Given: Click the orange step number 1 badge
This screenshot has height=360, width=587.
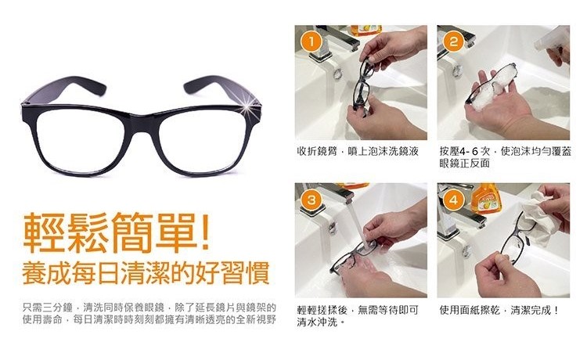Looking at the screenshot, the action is point(311,43).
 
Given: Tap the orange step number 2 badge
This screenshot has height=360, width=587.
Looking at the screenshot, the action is point(453,41).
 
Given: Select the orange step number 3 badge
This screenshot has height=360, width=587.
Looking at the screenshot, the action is point(311,200).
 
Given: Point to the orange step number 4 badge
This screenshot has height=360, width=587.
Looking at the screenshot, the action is point(453,200).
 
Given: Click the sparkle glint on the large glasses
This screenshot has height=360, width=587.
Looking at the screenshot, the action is point(247,110).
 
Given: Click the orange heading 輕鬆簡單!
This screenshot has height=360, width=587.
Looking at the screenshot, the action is point(116,232).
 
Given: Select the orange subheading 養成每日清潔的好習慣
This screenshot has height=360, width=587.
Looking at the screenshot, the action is point(146,273).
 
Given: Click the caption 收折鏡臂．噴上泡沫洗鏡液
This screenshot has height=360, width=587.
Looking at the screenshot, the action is point(358,151).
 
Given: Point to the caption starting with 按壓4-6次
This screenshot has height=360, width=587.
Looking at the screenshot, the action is point(506,157).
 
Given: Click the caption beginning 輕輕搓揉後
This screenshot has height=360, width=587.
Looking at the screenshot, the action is point(358,315).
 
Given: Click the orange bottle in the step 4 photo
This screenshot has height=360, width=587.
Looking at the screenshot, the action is point(486,197).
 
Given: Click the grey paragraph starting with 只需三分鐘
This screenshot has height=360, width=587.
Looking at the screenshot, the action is point(149,314).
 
